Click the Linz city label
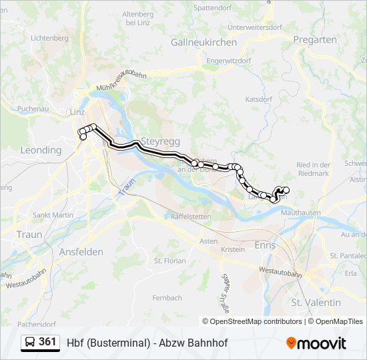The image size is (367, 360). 77,112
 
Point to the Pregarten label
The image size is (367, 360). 315,40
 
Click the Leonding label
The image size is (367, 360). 41,150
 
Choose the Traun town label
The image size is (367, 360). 29,235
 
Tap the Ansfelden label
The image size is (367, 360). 81,251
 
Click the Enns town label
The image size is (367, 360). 266,245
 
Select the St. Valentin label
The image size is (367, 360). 316,302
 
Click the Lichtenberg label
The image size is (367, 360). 49,38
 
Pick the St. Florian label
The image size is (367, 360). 170,261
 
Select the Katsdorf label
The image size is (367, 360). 259,99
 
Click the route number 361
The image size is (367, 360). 47,342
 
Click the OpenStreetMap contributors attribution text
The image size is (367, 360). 256,321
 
